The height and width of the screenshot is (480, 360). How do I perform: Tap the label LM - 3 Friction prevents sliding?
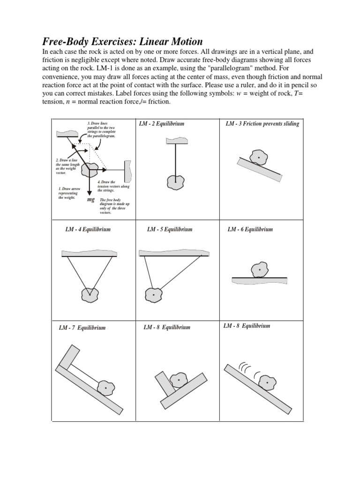262,124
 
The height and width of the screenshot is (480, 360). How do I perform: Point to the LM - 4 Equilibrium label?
88,230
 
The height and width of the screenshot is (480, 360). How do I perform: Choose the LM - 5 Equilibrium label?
170,230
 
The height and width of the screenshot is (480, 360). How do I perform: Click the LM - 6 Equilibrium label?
250,229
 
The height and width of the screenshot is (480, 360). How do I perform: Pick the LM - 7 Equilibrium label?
82,328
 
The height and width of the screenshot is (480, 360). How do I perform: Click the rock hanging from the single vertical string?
176,180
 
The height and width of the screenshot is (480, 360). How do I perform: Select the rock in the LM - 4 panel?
90,295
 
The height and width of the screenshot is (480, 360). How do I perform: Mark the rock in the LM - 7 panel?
106,388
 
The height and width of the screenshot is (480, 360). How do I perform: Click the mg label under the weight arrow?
91,199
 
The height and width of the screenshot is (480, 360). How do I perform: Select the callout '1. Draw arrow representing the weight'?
69,193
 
